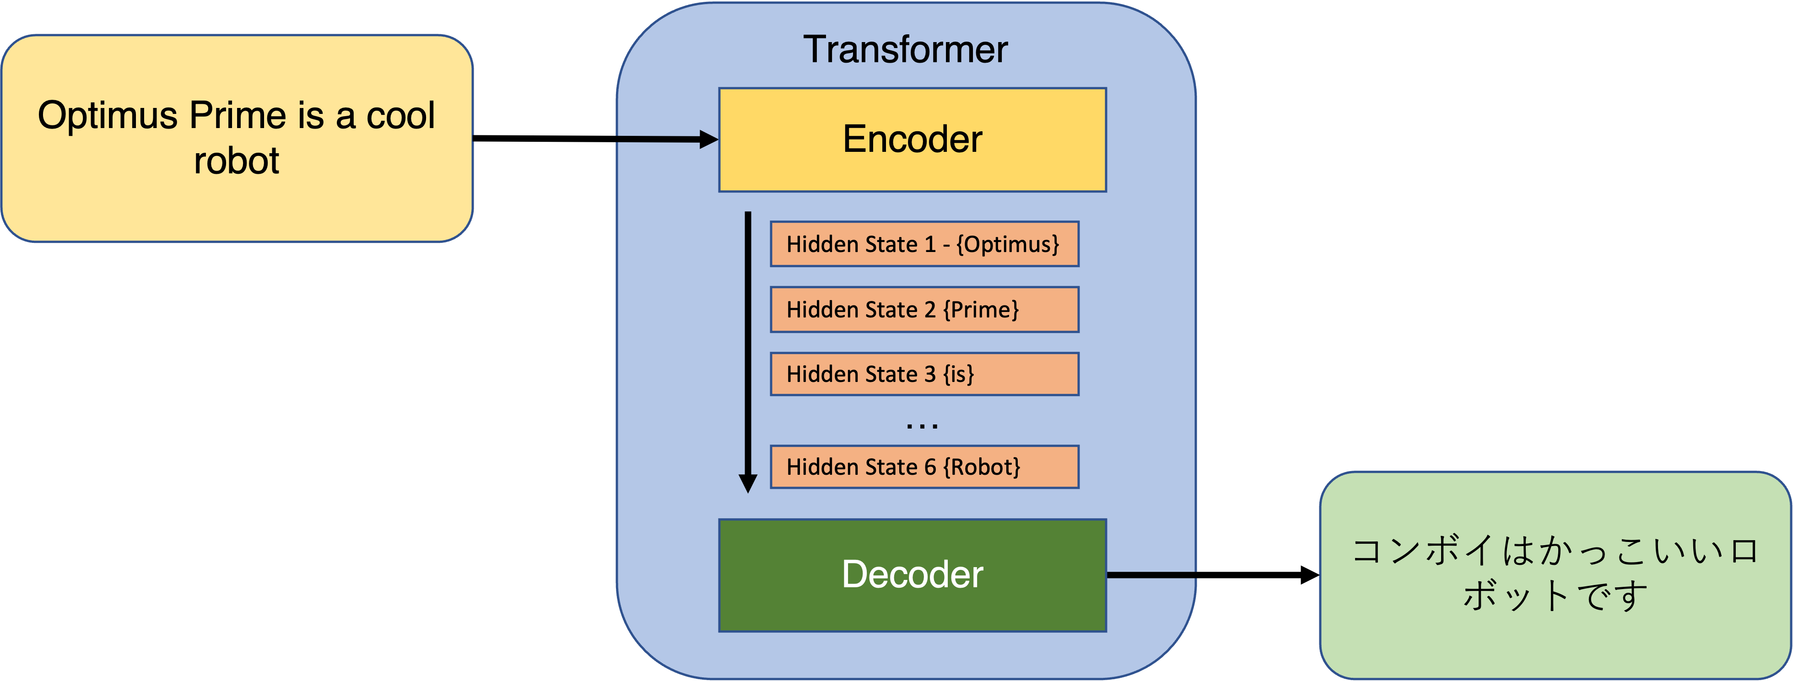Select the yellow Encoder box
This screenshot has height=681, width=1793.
[x=912, y=139]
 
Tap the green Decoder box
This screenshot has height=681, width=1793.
[x=912, y=574]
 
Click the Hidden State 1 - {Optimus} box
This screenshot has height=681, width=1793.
[x=924, y=244]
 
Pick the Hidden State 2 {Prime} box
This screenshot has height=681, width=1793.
[x=924, y=310]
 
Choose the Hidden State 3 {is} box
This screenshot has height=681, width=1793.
[x=924, y=374]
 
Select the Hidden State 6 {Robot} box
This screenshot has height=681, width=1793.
[x=924, y=467]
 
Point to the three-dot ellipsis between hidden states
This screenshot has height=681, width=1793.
[x=922, y=425]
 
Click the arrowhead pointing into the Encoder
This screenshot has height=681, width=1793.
[x=708, y=140]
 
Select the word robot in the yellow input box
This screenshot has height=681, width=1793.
[x=237, y=161]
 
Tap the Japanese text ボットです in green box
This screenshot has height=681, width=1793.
[x=1555, y=595]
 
